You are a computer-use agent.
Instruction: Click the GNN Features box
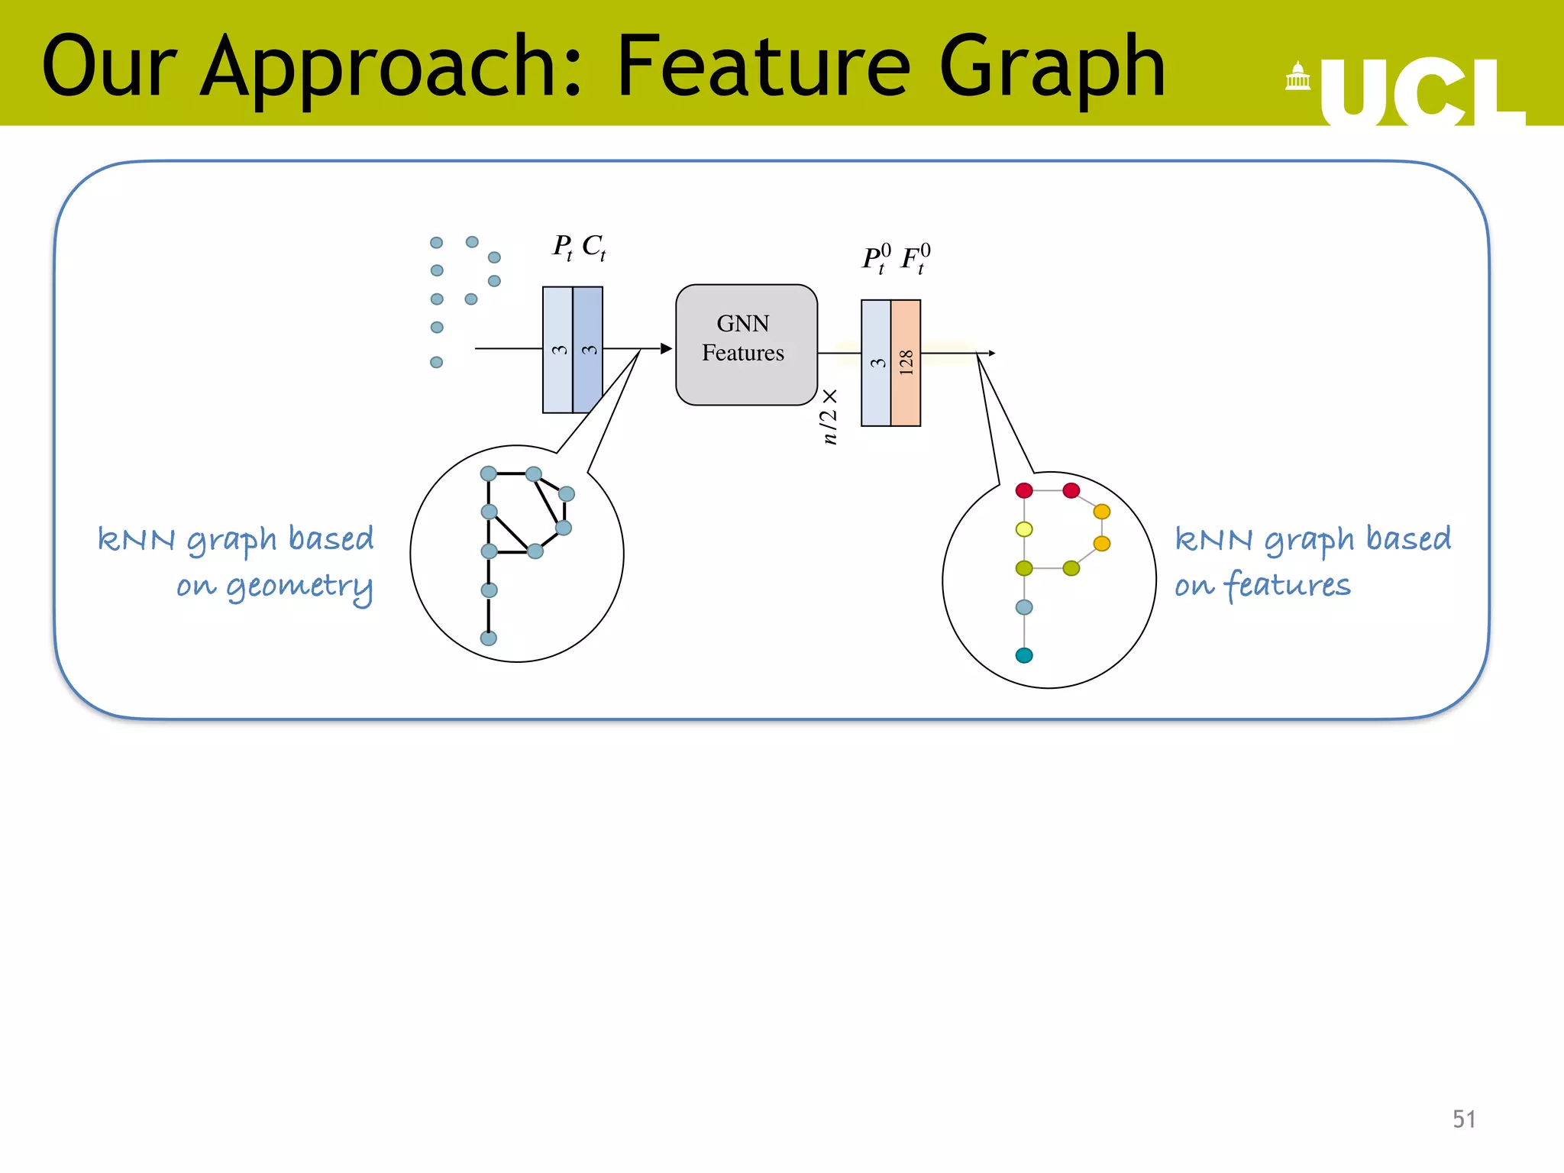[x=746, y=344]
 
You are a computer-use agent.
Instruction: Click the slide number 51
[x=1463, y=1119]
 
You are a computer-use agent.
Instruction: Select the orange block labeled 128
[x=906, y=363]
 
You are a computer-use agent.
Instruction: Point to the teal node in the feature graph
[x=1024, y=655]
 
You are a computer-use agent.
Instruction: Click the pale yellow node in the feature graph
[x=1024, y=529]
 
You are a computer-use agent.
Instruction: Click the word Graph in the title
[x=1052, y=69]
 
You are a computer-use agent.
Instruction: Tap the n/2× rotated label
[x=829, y=416]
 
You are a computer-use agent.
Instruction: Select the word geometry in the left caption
[x=299, y=587]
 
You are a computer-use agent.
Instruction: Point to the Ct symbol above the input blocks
[x=593, y=247]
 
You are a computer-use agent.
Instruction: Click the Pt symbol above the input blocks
[x=563, y=247]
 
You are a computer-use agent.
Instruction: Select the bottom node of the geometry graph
[x=489, y=638]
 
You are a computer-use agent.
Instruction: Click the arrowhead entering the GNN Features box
[x=666, y=348]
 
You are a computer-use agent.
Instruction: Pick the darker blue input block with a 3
[x=588, y=350]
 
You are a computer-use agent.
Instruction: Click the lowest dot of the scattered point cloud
[x=437, y=362]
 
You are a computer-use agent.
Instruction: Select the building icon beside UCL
[x=1297, y=76]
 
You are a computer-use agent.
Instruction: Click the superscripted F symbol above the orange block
[x=915, y=258]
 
